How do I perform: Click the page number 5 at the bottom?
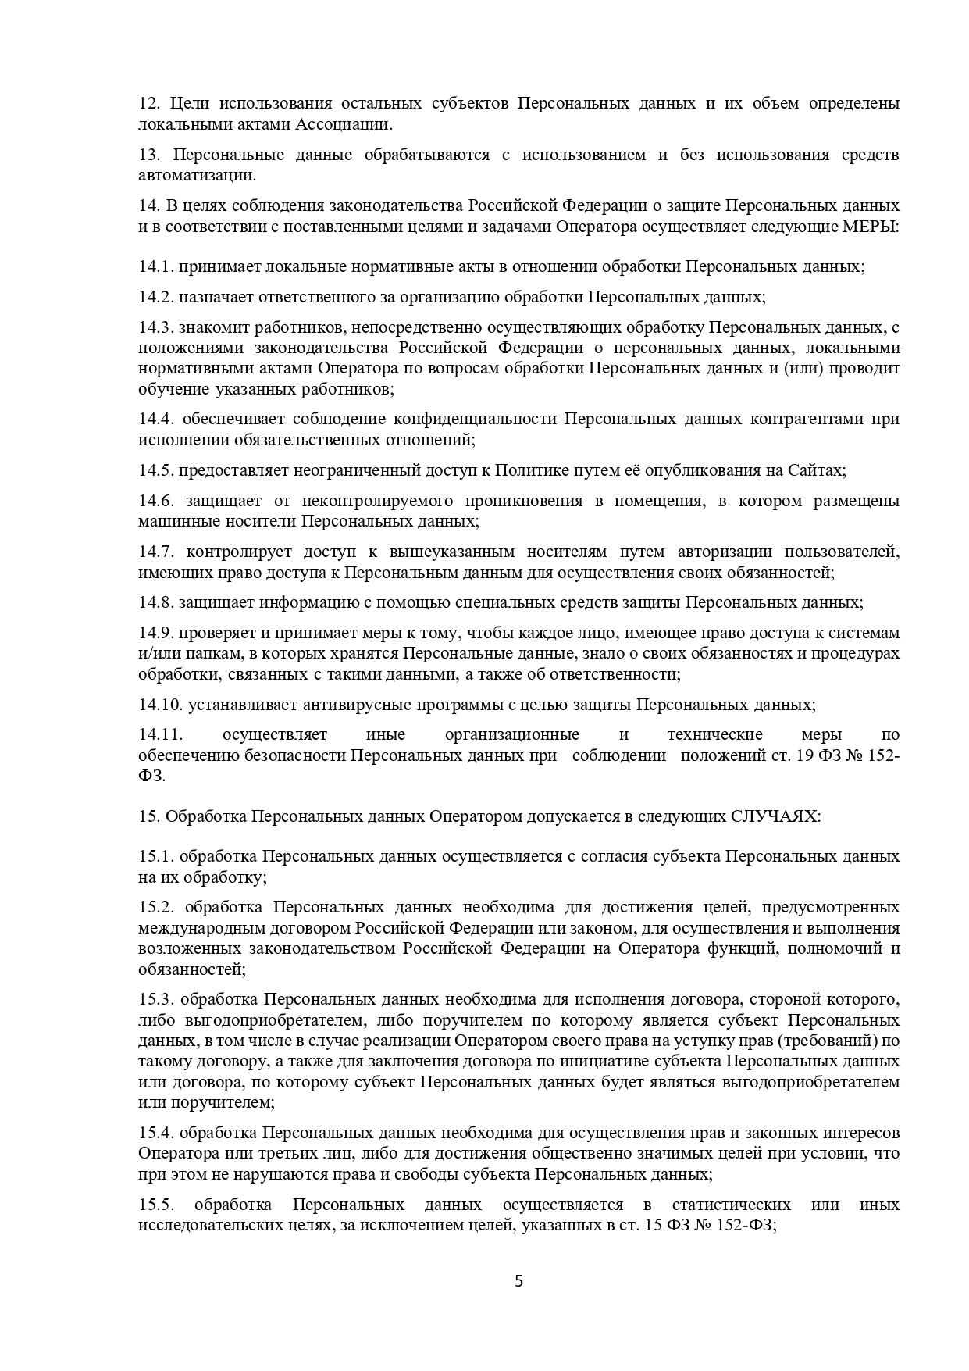click(x=519, y=1281)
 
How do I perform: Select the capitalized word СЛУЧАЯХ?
click(x=775, y=816)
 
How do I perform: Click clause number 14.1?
click(x=155, y=266)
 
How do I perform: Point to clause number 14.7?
click(x=155, y=552)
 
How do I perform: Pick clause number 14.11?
click(x=160, y=735)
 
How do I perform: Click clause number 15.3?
click(x=155, y=999)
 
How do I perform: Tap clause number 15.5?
click(x=155, y=1205)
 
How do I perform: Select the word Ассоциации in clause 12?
click(x=342, y=123)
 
